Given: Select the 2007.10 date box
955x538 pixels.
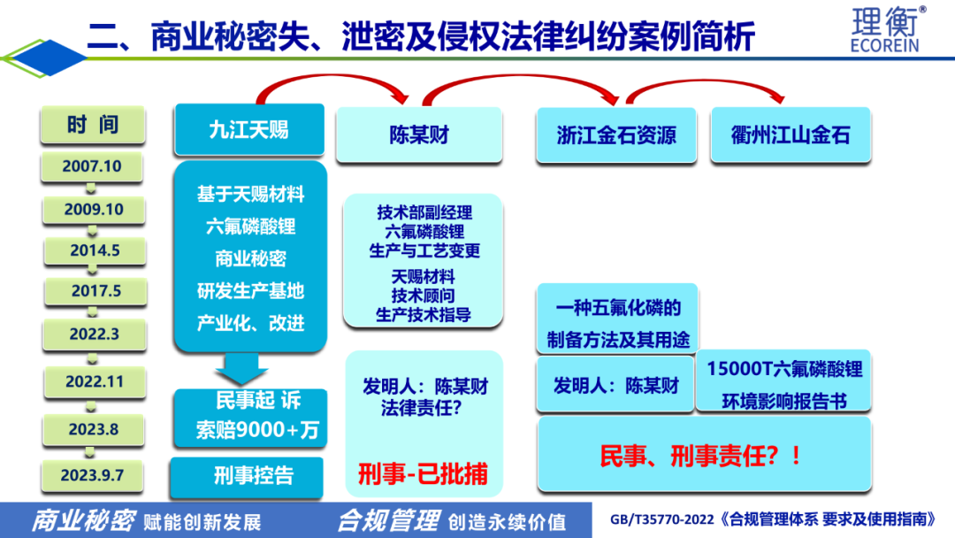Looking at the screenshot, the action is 92,166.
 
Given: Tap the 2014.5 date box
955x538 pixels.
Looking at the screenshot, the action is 95,250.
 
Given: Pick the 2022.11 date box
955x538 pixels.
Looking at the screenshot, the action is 95,382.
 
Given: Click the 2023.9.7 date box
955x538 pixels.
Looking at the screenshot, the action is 92,475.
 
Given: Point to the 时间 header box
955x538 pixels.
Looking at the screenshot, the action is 93,125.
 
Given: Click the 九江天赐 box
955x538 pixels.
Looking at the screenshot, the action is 249,130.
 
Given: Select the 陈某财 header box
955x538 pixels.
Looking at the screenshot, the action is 419,134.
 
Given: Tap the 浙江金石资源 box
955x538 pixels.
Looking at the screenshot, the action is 616,135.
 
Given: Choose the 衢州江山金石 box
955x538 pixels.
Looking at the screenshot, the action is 791,135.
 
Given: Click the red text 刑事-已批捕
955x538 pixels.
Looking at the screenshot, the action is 423,474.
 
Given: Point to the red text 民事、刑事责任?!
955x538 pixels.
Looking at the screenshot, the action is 701,456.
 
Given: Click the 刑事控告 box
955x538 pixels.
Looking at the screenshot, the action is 247,476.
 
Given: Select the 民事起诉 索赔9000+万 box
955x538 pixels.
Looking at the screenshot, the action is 250,418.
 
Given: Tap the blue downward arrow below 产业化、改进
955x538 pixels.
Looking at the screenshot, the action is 241,368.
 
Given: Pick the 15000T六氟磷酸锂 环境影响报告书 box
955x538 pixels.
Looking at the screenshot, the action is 783,381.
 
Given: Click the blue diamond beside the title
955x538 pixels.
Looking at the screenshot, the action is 49,58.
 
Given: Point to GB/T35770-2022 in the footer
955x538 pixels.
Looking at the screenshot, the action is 662,519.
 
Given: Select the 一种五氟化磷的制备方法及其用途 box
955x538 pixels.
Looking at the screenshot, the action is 617,319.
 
